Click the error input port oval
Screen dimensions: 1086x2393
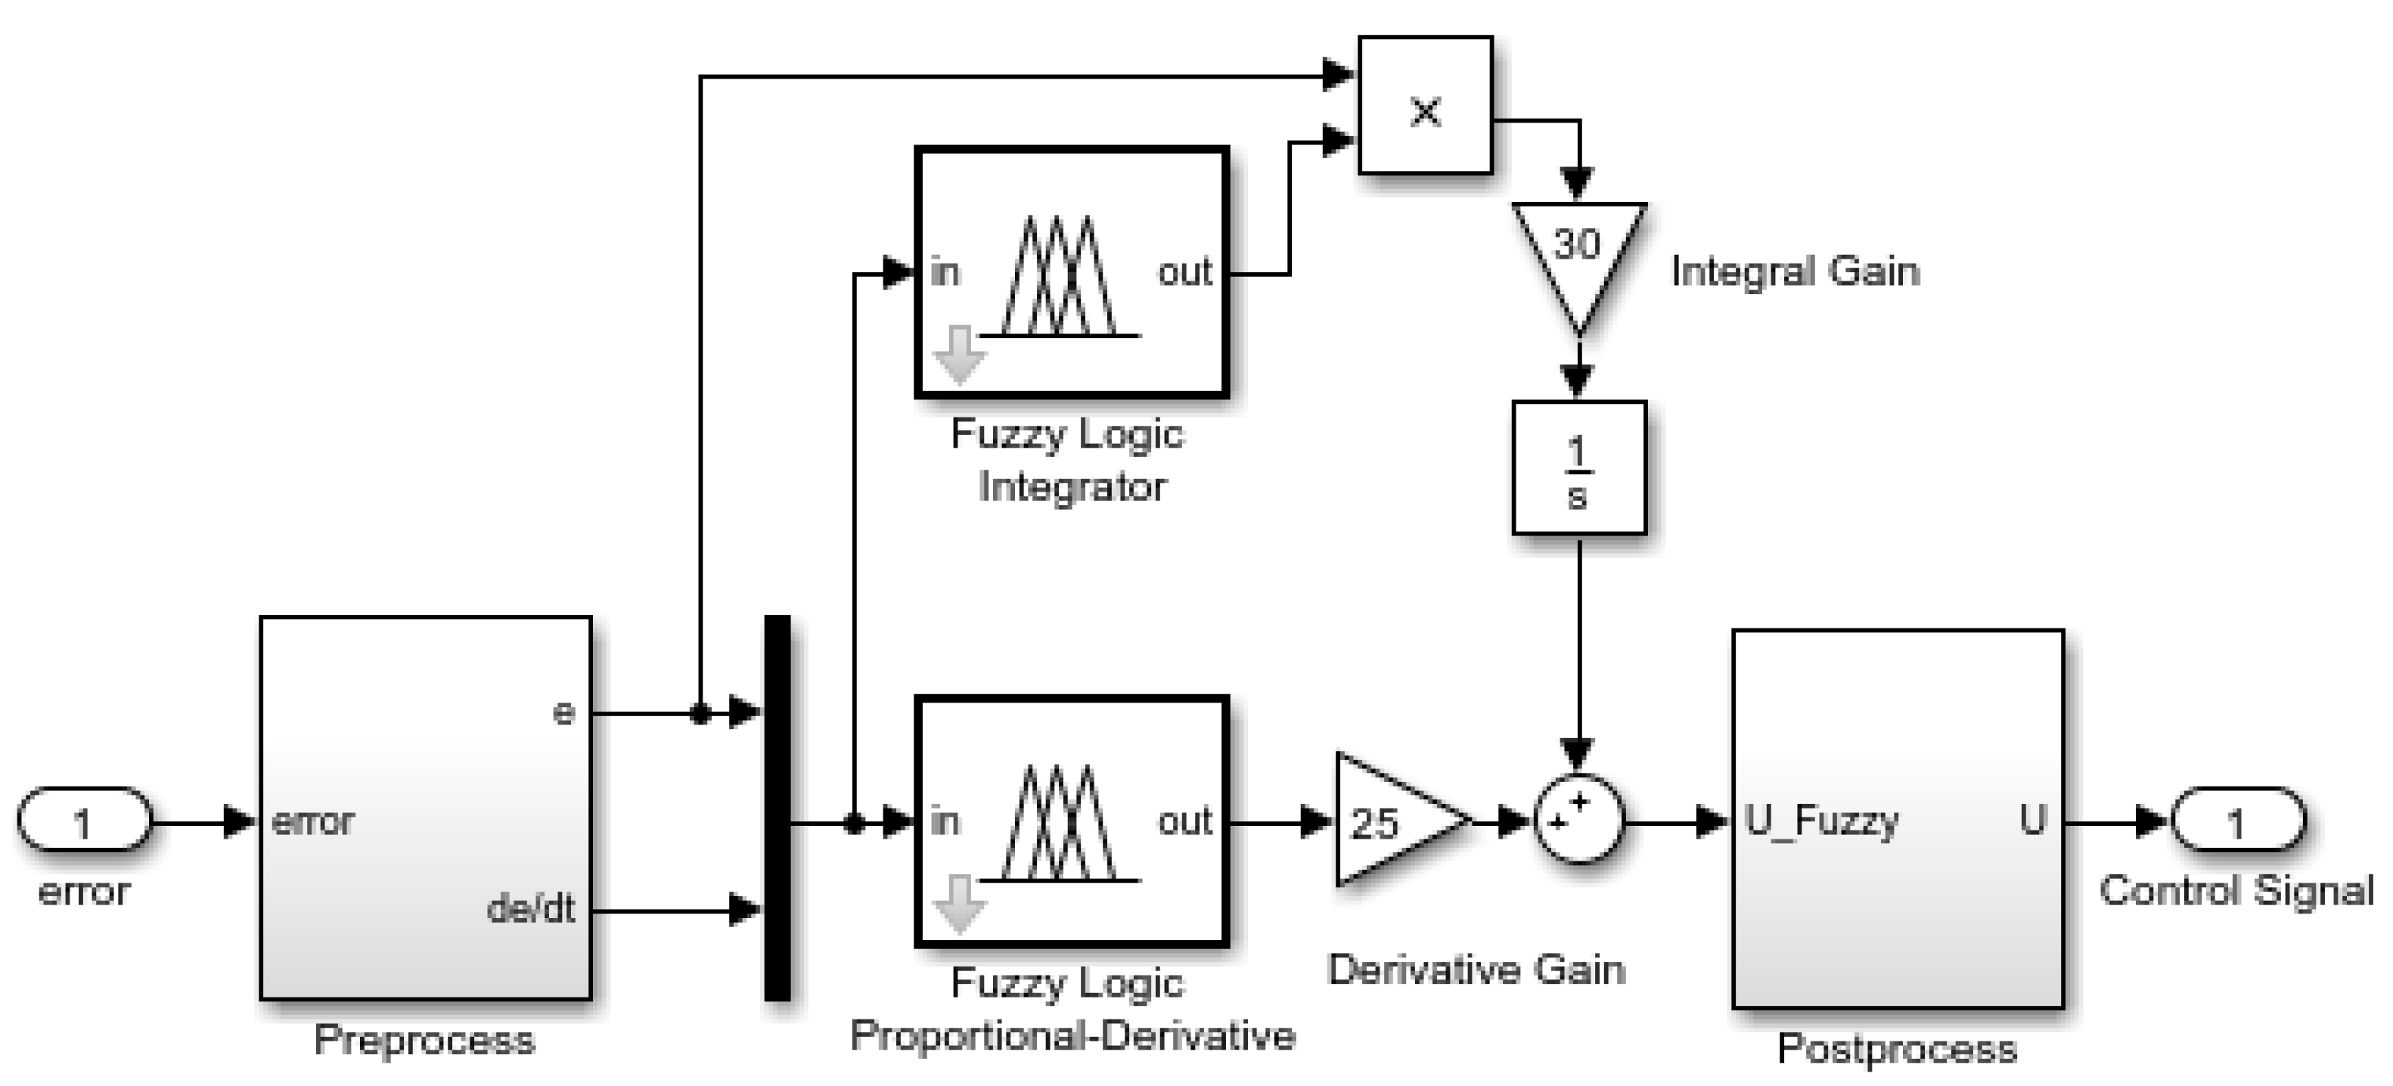84,821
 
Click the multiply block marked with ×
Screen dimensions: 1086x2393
1425,106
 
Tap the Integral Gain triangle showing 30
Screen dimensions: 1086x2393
1578,251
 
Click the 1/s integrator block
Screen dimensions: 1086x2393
1578,467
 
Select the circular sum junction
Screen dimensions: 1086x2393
1578,819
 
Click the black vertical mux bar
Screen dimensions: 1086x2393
777,808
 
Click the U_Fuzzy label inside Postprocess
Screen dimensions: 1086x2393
1820,821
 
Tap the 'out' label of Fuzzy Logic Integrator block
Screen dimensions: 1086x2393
1184,273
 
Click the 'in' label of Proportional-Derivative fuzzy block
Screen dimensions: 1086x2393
944,821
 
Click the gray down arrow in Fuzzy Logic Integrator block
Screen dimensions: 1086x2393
959,355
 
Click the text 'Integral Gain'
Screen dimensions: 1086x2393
1795,272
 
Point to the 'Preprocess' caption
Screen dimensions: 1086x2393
424,1040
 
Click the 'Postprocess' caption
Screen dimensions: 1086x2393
1896,1049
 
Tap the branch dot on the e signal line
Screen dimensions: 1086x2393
700,713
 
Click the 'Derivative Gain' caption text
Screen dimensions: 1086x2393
1476,970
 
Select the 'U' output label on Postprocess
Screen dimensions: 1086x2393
2032,821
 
